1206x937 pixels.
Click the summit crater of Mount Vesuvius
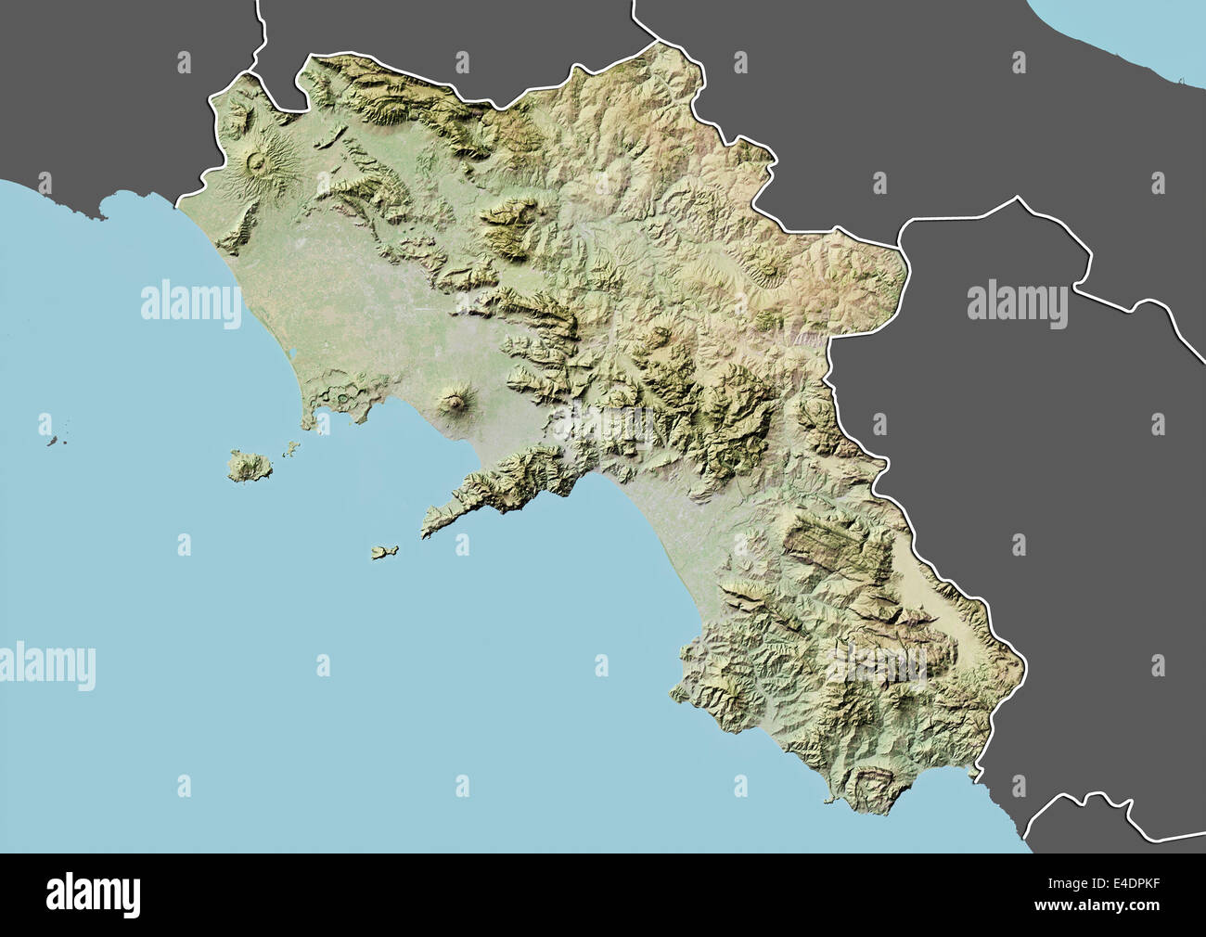coord(455,401)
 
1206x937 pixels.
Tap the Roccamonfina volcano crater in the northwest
coord(255,164)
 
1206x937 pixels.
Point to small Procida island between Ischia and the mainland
coord(291,448)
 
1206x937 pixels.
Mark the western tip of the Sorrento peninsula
coord(427,533)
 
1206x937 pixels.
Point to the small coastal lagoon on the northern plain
coord(291,354)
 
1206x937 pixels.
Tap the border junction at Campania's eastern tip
coord(904,243)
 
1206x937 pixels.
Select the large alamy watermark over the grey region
coord(1017,305)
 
